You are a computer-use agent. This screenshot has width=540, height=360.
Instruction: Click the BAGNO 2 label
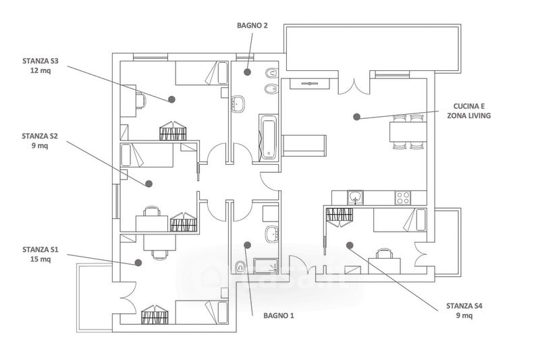pos(252,26)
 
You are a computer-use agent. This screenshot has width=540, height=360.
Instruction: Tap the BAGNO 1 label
pos(279,315)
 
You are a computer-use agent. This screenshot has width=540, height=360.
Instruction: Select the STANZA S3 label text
pos(40,61)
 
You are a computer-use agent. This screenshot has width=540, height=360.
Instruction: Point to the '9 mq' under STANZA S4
pos(464,315)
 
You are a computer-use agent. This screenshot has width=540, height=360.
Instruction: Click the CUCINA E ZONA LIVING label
pos(468,111)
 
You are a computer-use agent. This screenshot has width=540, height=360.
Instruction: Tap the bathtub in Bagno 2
pos(268,137)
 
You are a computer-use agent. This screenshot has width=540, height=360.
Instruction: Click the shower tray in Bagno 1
pos(265,266)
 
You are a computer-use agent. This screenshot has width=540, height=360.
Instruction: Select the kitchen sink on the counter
pos(355,197)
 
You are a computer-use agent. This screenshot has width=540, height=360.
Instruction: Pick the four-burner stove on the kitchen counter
pos(402,198)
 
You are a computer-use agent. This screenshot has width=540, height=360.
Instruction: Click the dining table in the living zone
pos(408,132)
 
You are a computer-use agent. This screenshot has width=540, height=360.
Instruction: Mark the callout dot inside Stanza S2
pos(148,184)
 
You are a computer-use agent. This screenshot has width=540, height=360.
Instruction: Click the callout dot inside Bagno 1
pos(247,245)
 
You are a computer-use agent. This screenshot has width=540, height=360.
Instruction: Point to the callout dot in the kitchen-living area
pos(357,117)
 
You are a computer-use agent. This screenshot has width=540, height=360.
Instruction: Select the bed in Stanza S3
pos(202,73)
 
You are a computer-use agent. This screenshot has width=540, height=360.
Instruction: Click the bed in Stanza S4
pos(400,220)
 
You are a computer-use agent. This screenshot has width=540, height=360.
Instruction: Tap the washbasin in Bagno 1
pos(273,234)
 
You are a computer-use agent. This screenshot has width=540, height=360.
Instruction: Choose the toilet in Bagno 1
pos(240,266)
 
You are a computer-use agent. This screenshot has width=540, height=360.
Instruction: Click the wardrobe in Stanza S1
pos(155,314)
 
